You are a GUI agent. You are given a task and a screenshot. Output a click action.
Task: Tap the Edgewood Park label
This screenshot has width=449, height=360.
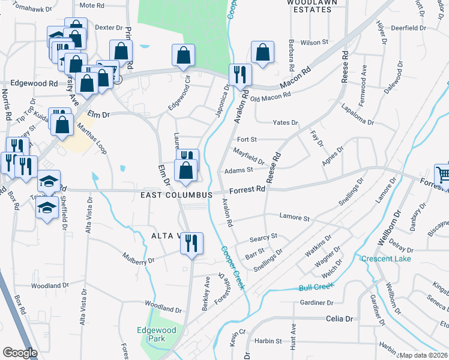(x=157, y=334)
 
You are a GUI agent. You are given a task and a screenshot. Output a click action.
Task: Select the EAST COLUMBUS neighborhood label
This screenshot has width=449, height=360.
(x=176, y=196)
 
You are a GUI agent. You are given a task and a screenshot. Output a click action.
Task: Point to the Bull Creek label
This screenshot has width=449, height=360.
(x=316, y=287)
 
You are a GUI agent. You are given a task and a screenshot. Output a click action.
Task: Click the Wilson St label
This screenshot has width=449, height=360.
(x=315, y=43)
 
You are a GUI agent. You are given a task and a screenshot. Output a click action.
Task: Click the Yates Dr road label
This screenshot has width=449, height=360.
(x=285, y=122)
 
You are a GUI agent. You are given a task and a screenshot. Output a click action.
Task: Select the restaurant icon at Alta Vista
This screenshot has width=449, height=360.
(x=191, y=243)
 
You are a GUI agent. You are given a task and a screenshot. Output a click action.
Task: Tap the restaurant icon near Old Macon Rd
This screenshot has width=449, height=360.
(x=240, y=74)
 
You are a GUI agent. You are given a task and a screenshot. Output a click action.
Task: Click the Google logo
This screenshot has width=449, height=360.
(x=20, y=353)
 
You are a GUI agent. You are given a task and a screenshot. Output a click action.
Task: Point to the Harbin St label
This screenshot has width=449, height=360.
(x=267, y=341)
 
